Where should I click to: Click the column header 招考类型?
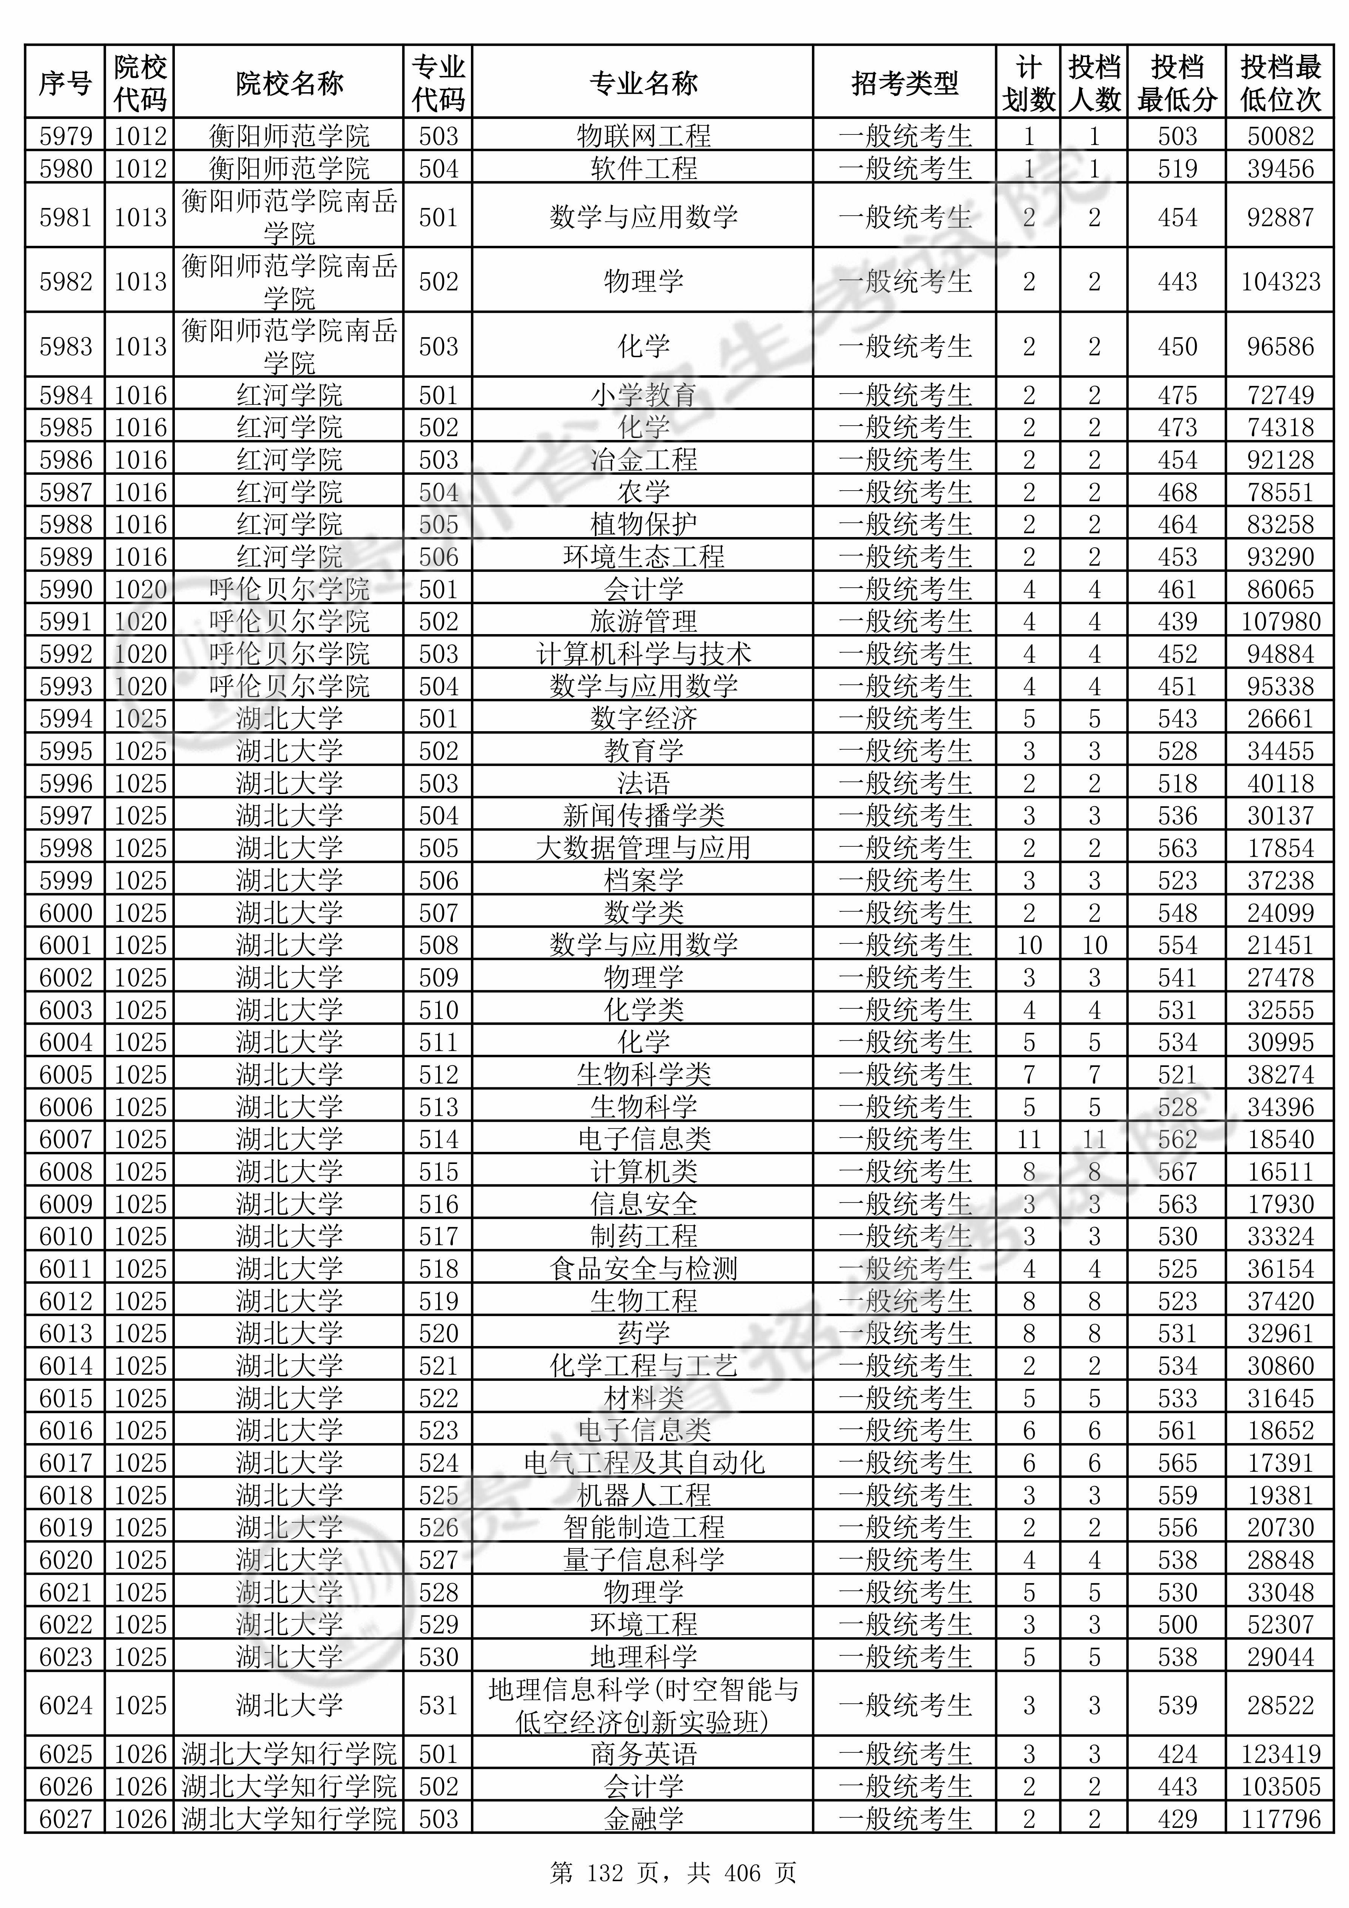pyautogui.click(x=904, y=83)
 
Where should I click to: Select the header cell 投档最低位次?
pyautogui.click(x=1280, y=83)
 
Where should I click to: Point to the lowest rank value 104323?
pyautogui.click(x=1280, y=282)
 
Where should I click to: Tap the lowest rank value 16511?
pyautogui.click(x=1280, y=1172)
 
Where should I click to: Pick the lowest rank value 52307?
pyautogui.click(x=1280, y=1625)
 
